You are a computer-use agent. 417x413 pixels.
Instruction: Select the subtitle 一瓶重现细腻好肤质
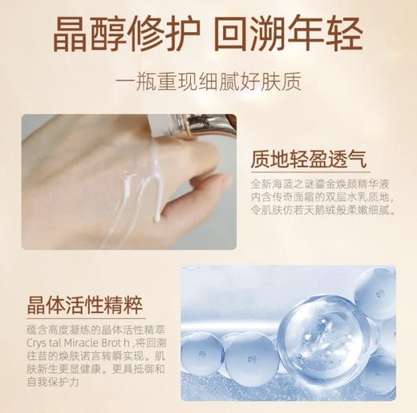click(x=208, y=84)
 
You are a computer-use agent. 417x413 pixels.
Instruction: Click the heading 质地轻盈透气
click(x=308, y=159)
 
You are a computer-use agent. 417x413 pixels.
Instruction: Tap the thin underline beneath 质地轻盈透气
click(x=308, y=174)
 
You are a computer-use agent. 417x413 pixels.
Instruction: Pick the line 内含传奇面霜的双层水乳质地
click(x=308, y=200)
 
